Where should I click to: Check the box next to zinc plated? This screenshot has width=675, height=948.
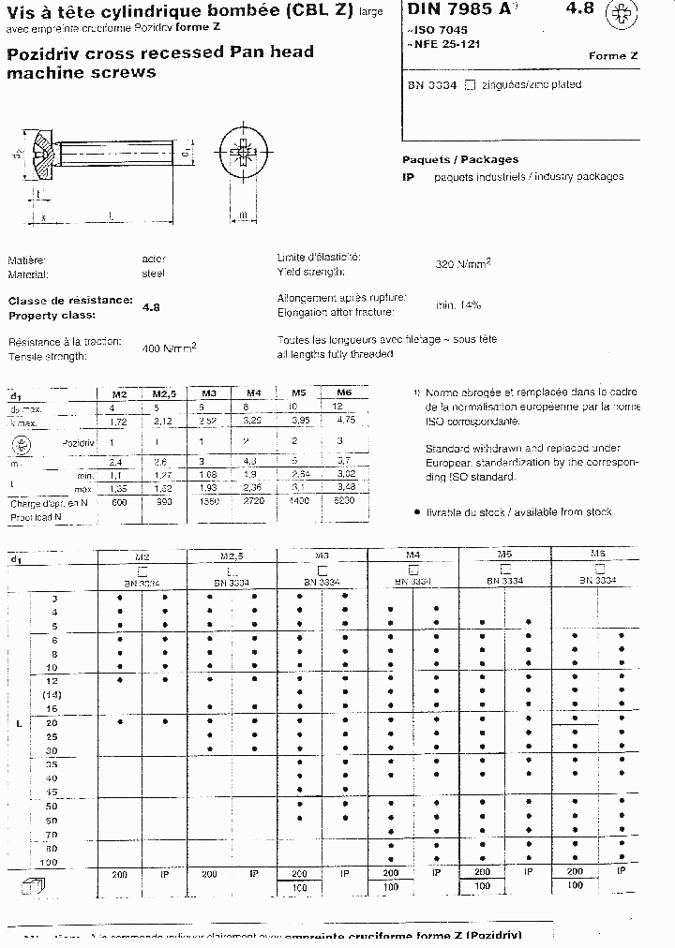coord(471,85)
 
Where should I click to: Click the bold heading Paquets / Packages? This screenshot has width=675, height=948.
coord(459,159)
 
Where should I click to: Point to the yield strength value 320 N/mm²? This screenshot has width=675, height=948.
coord(463,264)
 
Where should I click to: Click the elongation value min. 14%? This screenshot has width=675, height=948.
coord(457,305)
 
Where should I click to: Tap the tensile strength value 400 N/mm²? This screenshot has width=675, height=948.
coord(169,348)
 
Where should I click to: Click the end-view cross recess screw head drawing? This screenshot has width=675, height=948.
coord(242,151)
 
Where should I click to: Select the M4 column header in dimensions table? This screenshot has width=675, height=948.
coord(253,393)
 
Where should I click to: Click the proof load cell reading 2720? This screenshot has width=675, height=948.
coord(253,503)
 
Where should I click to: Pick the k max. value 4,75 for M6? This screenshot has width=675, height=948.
coord(343,422)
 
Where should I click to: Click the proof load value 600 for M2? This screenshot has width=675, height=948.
coord(118,503)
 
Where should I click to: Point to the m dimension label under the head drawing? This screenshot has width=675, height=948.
coord(242,216)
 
